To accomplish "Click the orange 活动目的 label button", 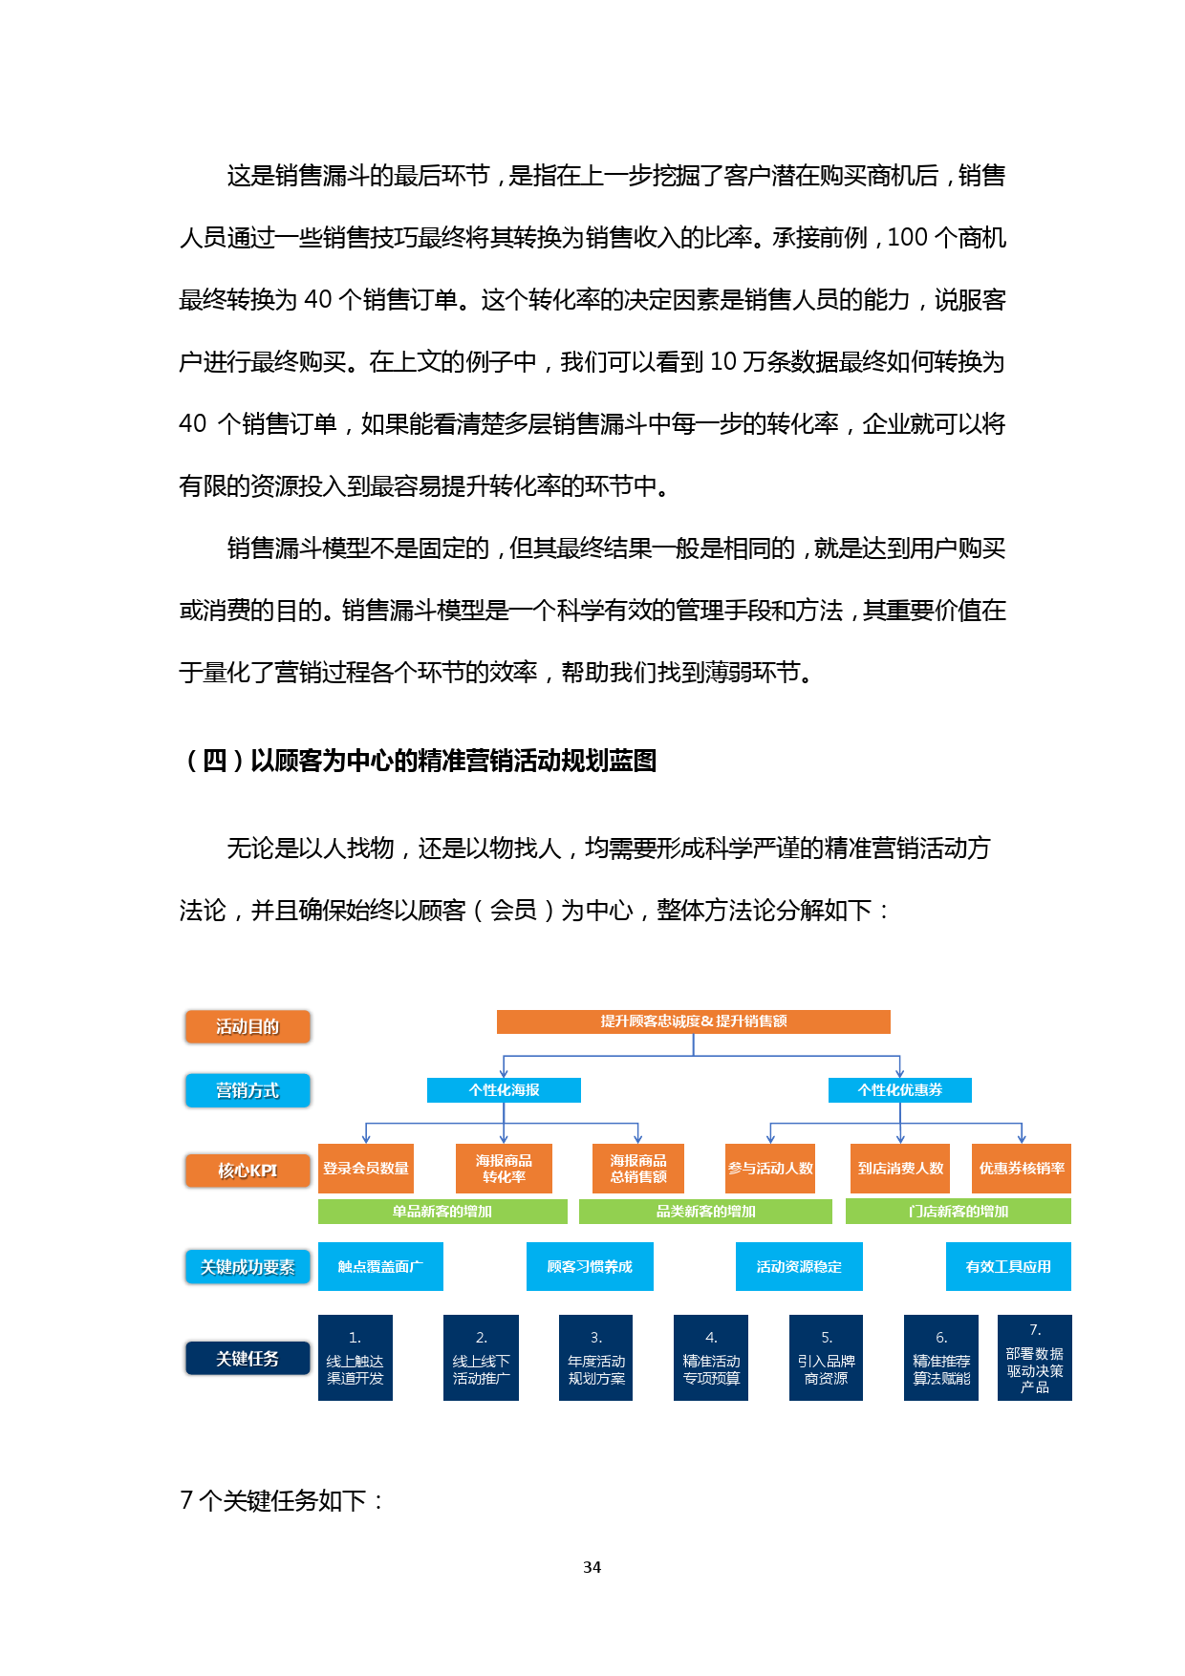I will pyautogui.click(x=248, y=1026).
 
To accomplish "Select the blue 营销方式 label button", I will pyautogui.click(x=248, y=1090).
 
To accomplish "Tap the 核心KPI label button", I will pyautogui.click(x=248, y=1171).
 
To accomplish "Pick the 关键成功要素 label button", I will pyautogui.click(x=248, y=1267).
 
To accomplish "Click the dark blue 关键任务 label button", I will pyautogui.click(x=248, y=1358).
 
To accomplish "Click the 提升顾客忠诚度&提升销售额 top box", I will pyautogui.click(x=693, y=1021).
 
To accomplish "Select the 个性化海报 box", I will pyautogui.click(x=504, y=1090).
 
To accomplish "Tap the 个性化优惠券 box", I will pyautogui.click(x=899, y=1090).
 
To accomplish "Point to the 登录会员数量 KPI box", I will pyautogui.click(x=365, y=1168).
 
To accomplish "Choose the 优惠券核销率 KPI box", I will pyautogui.click(x=1021, y=1168).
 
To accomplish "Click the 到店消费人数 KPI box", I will pyautogui.click(x=899, y=1168).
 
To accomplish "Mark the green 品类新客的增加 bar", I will pyautogui.click(x=705, y=1212).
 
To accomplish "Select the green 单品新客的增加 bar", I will pyautogui.click(x=442, y=1212).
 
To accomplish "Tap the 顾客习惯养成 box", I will pyautogui.click(x=590, y=1266).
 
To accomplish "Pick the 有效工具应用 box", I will pyautogui.click(x=1008, y=1266).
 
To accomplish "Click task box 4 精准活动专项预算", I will pyautogui.click(x=711, y=1358).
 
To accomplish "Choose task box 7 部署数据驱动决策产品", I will pyautogui.click(x=1034, y=1358).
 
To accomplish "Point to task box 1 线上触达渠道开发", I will pyautogui.click(x=355, y=1358).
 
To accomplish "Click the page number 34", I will pyautogui.click(x=592, y=1567).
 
